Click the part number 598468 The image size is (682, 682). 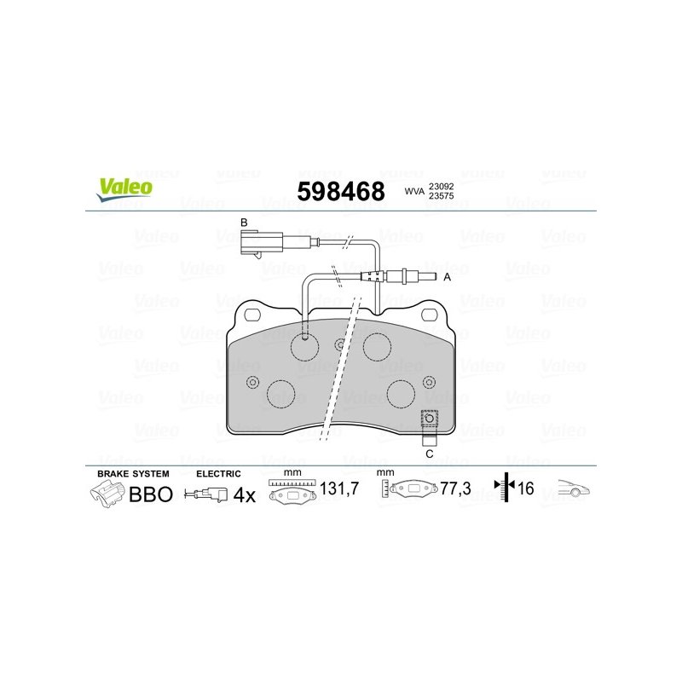click(x=341, y=191)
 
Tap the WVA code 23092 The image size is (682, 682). click(x=442, y=186)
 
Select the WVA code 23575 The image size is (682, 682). click(x=442, y=196)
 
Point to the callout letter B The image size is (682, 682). click(x=244, y=223)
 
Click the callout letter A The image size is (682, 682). click(x=447, y=277)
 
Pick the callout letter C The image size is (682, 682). click(x=430, y=454)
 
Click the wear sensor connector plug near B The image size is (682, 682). click(x=261, y=243)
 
